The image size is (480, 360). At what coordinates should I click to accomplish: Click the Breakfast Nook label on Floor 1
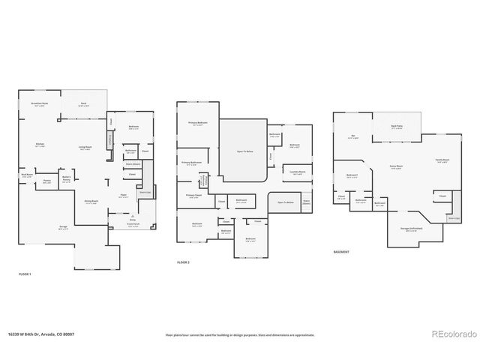pos(41,104)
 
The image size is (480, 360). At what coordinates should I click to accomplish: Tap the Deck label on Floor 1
pos(84,104)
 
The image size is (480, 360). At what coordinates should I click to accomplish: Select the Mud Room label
pos(27,175)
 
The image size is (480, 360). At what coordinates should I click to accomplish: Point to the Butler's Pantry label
pos(67,178)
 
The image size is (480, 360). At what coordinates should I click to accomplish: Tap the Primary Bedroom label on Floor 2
pos(198,123)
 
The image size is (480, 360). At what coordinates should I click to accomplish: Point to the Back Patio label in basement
pos(397,127)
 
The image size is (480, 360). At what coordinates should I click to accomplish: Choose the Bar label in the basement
pos(353,136)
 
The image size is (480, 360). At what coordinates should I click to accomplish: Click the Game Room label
pos(397,166)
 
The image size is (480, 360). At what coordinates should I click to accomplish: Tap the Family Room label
pos(442,160)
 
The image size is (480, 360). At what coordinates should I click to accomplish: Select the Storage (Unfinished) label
pos(410,228)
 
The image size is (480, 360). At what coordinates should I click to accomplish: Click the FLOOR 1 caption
pos(25,275)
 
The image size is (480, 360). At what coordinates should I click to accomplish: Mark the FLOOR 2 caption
pos(183,262)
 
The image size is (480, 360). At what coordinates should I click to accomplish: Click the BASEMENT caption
pos(342,251)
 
